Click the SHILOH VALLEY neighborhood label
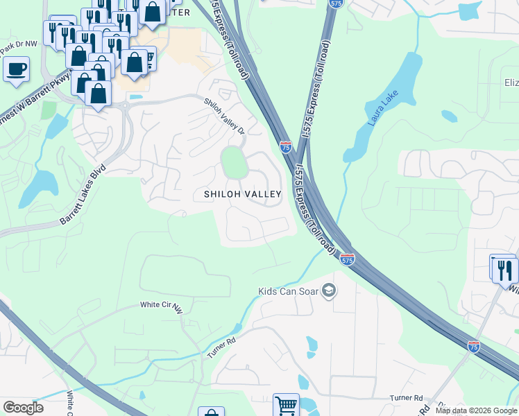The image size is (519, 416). tap(241, 195)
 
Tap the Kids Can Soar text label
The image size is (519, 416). tap(287, 291)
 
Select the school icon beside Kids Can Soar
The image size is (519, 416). tap(330, 291)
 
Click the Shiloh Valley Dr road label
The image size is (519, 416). tap(224, 116)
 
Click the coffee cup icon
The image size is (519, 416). tap(16, 69)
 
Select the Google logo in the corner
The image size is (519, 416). tap(23, 407)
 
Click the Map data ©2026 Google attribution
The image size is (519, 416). tap(476, 411)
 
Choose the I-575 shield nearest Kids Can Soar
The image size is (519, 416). tap(348, 259)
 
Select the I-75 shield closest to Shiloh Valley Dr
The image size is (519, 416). tap(286, 147)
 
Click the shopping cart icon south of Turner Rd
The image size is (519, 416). tap(286, 405)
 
